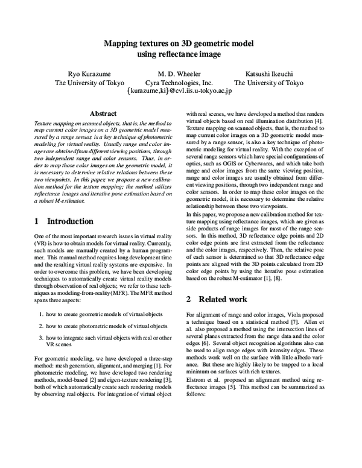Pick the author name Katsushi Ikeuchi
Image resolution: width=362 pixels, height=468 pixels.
click(268, 74)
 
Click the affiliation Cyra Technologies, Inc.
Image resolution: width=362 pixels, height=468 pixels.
click(180, 83)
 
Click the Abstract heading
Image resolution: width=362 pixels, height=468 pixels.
click(103, 113)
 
